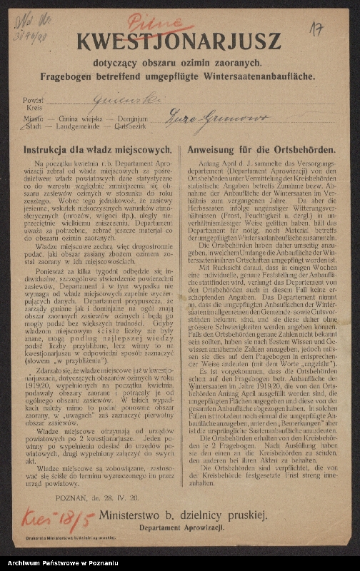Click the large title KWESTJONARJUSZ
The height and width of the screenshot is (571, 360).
tap(179, 43)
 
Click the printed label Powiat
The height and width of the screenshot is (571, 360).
tap(33, 101)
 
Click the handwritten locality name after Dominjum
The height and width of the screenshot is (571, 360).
tap(214, 117)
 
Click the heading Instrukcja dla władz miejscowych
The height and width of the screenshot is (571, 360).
tap(97, 151)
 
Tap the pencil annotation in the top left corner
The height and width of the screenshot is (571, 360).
tap(33, 24)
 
